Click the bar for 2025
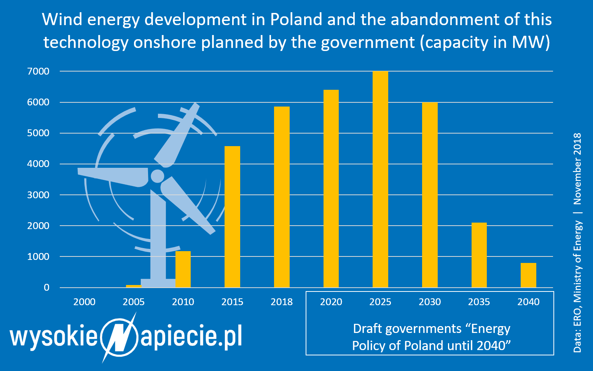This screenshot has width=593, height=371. [x=380, y=179]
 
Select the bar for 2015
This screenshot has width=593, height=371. [x=232, y=217]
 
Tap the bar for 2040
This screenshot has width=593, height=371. [x=528, y=275]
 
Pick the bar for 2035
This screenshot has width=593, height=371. [x=479, y=255]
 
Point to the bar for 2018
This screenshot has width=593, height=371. [x=282, y=197]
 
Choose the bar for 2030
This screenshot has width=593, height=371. [x=430, y=195]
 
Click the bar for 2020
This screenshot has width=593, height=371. [x=331, y=189]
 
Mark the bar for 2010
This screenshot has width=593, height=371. [x=183, y=269]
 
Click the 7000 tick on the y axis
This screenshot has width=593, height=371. [x=38, y=72]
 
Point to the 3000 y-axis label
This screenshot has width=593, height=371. [x=38, y=195]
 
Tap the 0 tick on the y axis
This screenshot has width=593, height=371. [x=46, y=288]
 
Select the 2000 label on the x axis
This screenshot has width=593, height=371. [x=84, y=302]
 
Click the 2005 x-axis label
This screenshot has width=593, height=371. [x=134, y=302]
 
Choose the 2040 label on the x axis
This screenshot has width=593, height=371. [x=528, y=302]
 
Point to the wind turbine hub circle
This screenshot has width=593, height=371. [x=157, y=176]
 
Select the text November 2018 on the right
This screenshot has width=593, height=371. [x=577, y=169]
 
